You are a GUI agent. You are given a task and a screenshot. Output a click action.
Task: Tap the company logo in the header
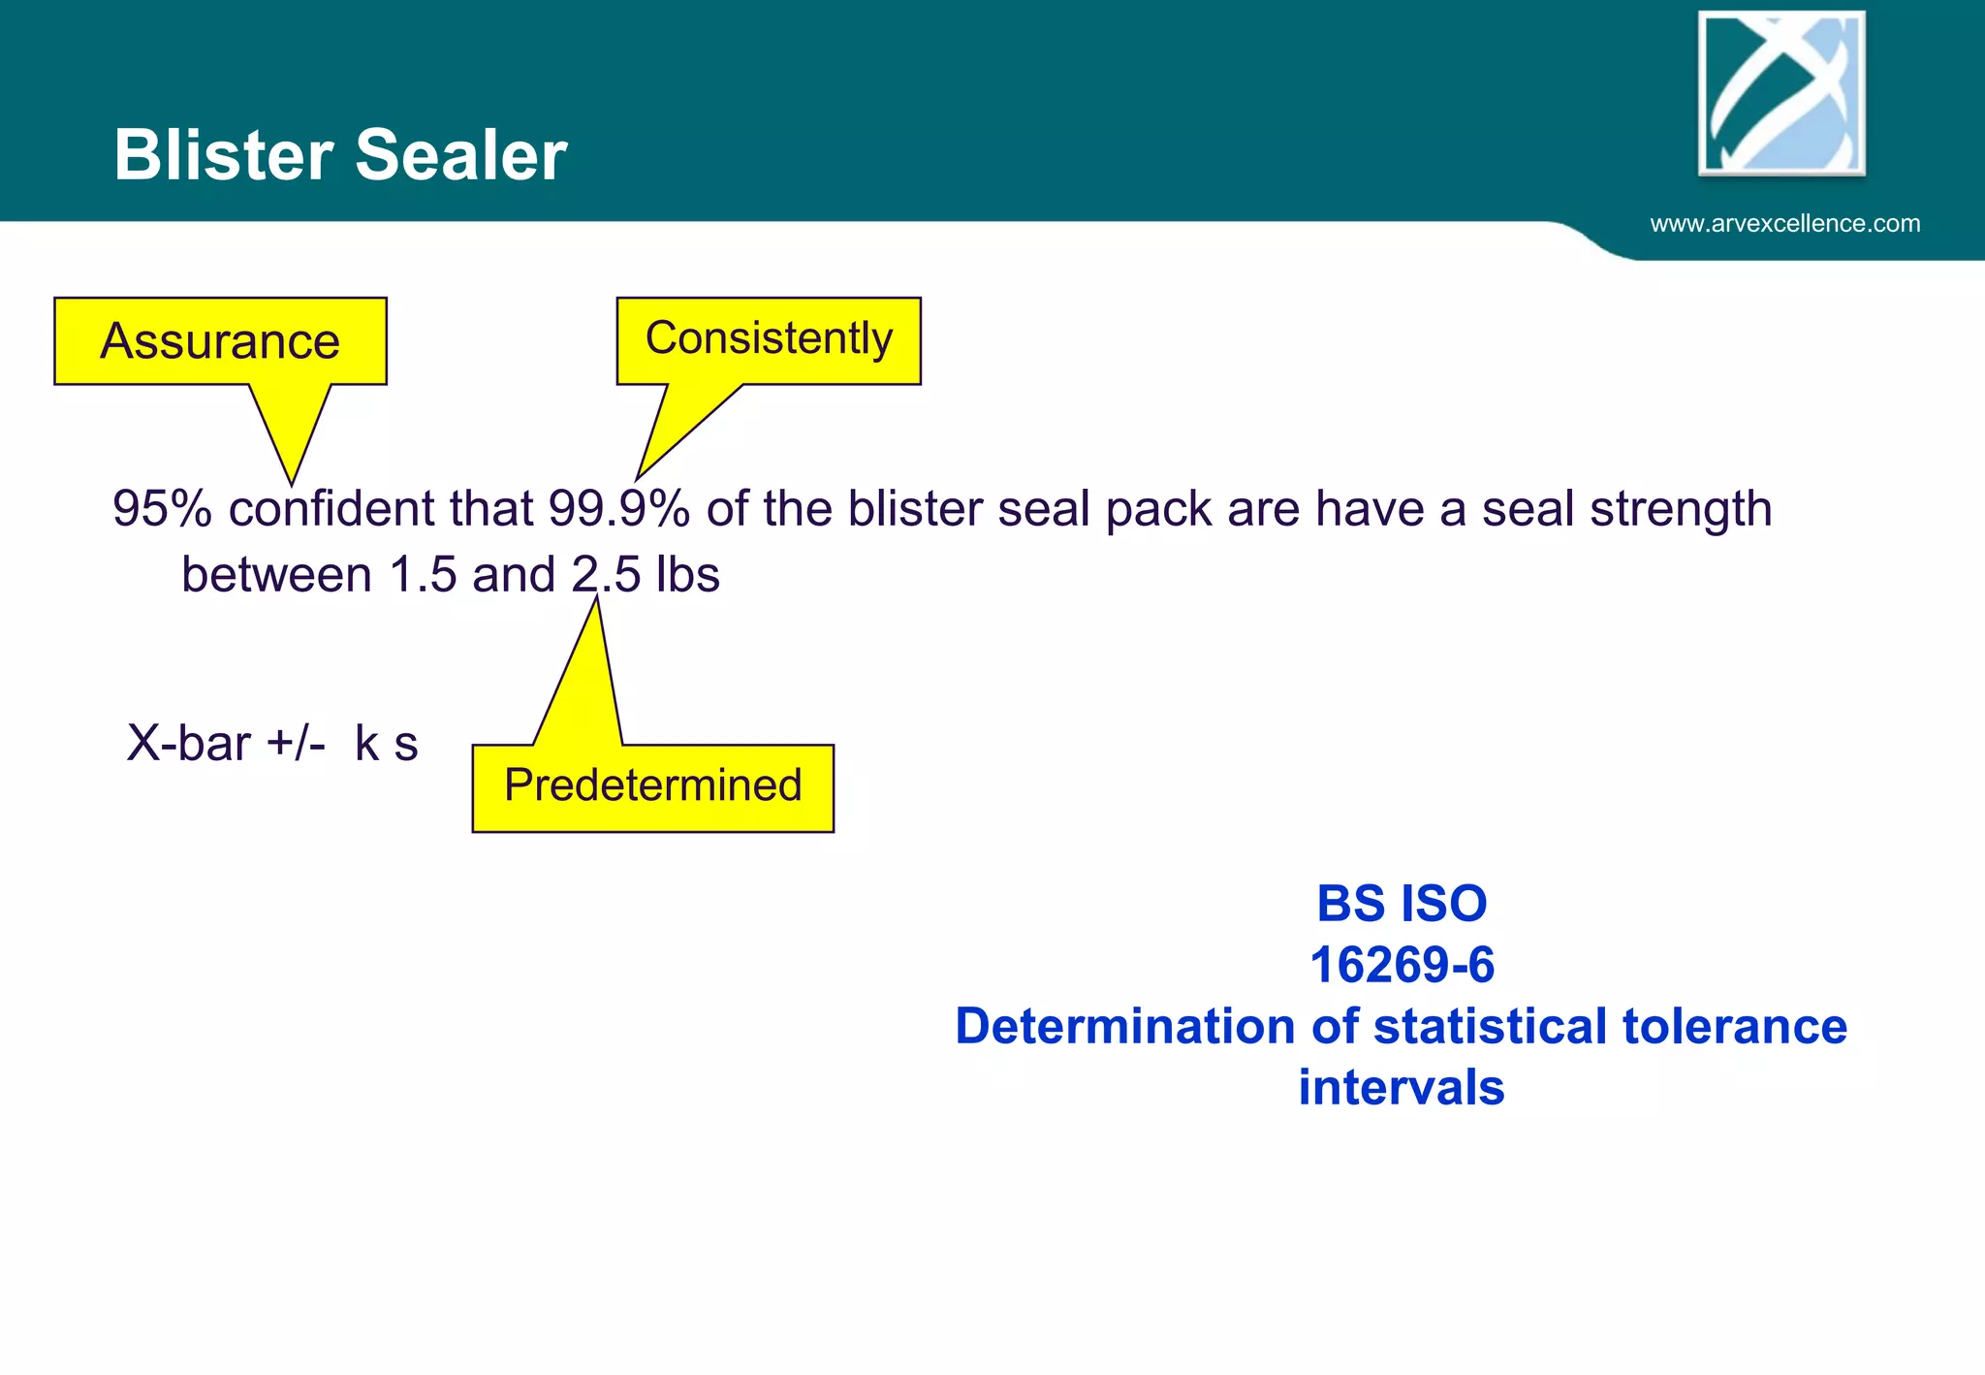(1781, 93)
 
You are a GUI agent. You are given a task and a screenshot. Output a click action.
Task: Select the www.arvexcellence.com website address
(1784, 224)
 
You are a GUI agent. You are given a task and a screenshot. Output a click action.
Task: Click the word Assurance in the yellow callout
(220, 341)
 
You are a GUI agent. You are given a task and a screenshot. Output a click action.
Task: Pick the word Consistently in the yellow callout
(769, 338)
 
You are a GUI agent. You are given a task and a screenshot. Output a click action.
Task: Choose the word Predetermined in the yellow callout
(653, 785)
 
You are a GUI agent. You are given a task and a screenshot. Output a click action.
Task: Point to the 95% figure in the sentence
(162, 509)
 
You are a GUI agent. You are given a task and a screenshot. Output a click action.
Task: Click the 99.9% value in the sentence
(618, 509)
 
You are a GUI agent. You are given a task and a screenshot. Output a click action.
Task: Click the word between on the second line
(276, 575)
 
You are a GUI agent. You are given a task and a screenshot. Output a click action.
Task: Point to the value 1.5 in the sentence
(423, 575)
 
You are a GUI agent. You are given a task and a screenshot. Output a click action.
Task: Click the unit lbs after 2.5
(687, 575)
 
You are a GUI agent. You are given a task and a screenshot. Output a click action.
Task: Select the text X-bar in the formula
(189, 744)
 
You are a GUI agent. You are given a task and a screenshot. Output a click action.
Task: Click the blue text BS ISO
(1402, 904)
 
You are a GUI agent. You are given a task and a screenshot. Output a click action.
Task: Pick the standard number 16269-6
(1402, 965)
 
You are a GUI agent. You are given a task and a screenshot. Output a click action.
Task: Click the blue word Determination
(1124, 1026)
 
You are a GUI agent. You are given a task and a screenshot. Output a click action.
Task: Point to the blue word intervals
(1402, 1087)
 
